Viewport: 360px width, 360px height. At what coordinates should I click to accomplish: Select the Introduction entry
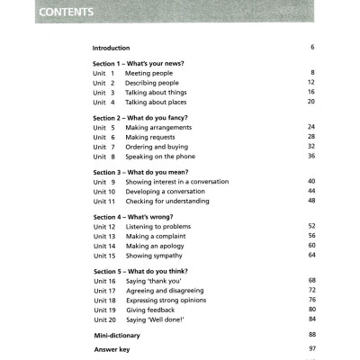click(112, 48)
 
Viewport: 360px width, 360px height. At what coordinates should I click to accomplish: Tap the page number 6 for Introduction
click(312, 47)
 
